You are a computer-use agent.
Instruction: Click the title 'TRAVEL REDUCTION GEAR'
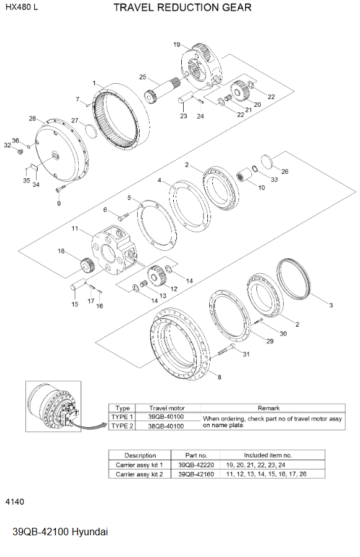(x=182, y=7)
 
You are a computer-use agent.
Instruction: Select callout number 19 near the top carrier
(x=177, y=45)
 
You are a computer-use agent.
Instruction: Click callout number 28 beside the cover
(x=32, y=118)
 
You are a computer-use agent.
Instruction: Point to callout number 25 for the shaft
(x=142, y=77)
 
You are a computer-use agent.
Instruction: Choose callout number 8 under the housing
(x=218, y=376)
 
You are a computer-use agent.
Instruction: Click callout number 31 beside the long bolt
(x=246, y=355)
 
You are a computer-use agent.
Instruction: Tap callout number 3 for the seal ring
(x=331, y=305)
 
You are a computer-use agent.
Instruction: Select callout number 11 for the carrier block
(x=74, y=229)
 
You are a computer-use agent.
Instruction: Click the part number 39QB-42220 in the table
(x=189, y=464)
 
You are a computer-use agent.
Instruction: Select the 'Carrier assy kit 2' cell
(x=140, y=474)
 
